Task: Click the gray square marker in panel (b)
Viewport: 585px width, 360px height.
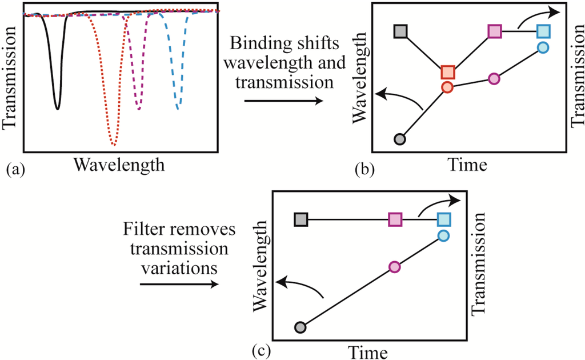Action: [x=401, y=31]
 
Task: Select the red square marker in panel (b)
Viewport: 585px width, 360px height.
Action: [x=448, y=73]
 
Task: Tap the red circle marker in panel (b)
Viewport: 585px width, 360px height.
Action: [x=447, y=87]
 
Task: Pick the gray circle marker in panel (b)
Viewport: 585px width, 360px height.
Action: [x=400, y=139]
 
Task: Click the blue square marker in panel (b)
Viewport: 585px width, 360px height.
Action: [x=543, y=31]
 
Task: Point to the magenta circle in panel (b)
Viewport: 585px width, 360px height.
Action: [x=495, y=78]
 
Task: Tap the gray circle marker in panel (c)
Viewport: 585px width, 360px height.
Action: [x=301, y=327]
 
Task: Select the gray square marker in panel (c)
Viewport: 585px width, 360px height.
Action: [x=301, y=219]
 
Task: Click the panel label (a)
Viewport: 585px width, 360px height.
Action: [x=14, y=169]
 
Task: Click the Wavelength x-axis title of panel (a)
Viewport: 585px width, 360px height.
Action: [x=119, y=165]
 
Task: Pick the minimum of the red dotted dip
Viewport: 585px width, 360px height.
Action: [x=113, y=144]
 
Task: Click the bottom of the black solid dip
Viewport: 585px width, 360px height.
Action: [x=57, y=107]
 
